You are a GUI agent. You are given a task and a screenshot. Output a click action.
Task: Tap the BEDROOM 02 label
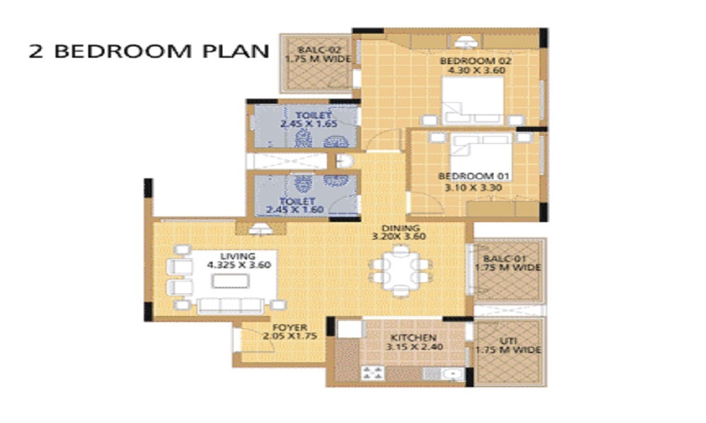[475, 61]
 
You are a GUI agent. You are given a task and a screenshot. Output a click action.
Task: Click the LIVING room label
[237, 256]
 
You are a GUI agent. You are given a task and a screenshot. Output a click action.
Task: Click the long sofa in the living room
[232, 305]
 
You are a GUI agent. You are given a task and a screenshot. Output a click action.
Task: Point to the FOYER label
[289, 327]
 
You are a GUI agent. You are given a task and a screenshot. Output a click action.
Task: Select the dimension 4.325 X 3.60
[239, 266]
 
